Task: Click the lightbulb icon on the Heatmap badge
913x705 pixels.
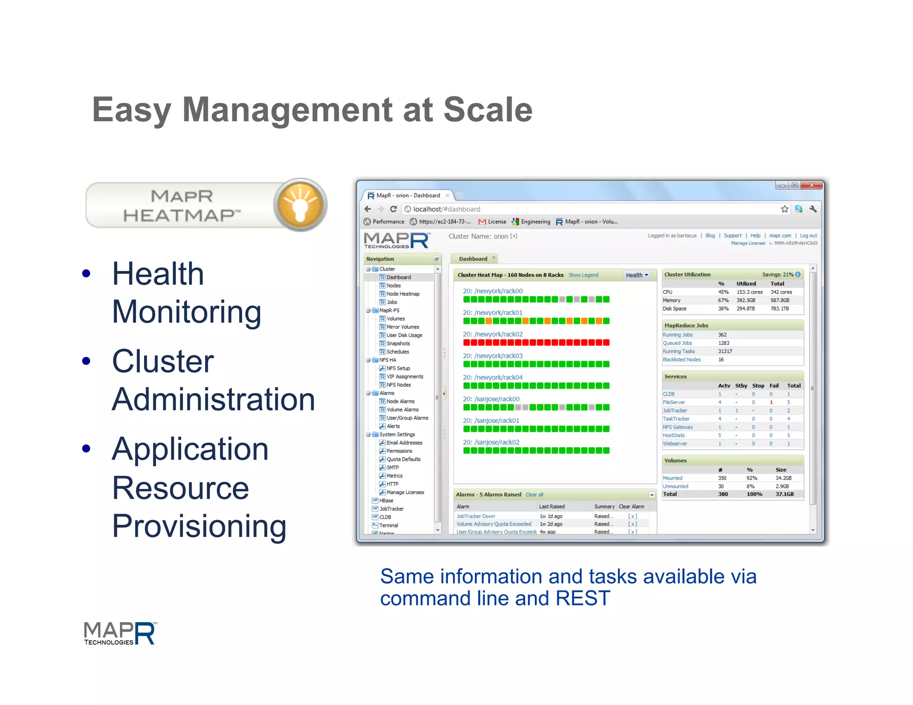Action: (x=300, y=205)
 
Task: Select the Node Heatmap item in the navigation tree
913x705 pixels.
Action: (x=403, y=294)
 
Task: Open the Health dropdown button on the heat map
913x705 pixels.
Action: (x=636, y=275)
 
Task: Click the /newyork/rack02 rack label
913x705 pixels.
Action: (x=492, y=334)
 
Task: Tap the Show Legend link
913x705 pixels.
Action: (x=583, y=275)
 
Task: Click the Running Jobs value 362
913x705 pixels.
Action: (x=722, y=335)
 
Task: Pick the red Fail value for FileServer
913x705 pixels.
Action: (x=771, y=402)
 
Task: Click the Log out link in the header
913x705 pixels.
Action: (x=808, y=235)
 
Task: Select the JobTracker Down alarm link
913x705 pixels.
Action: (x=476, y=516)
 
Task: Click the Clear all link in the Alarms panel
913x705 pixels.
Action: (x=534, y=495)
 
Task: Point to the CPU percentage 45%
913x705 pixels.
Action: (x=723, y=292)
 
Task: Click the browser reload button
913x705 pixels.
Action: (x=393, y=209)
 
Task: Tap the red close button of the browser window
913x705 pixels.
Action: (x=811, y=185)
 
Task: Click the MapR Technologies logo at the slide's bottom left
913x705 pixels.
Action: (x=120, y=633)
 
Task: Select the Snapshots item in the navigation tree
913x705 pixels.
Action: (x=398, y=344)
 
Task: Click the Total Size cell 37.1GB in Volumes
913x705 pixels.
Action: (x=784, y=494)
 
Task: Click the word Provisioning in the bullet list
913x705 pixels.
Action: (x=199, y=526)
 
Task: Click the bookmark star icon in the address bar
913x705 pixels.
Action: (x=784, y=209)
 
